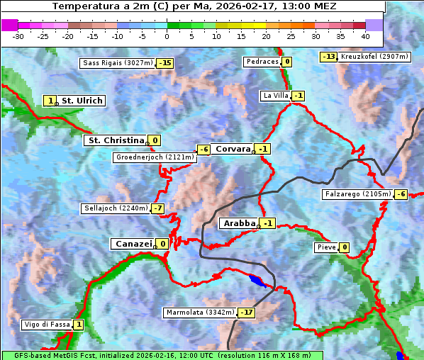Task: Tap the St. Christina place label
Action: [116, 140]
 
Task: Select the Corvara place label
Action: [233, 149]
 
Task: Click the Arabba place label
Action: [239, 223]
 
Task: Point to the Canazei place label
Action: [133, 244]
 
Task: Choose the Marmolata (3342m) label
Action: [200, 313]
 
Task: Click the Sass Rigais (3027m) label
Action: [118, 63]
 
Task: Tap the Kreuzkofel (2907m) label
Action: [374, 56]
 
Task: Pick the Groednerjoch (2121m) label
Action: [154, 157]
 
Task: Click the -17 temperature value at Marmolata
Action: [246, 313]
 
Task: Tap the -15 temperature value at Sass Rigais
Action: [165, 63]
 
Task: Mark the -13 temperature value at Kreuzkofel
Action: [328, 57]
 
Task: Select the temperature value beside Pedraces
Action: [286, 62]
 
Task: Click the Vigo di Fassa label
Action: [48, 325]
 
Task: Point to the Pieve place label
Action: [326, 247]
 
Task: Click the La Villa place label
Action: [275, 96]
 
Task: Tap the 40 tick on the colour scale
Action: [365, 36]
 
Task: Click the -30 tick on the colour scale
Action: [18, 36]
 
